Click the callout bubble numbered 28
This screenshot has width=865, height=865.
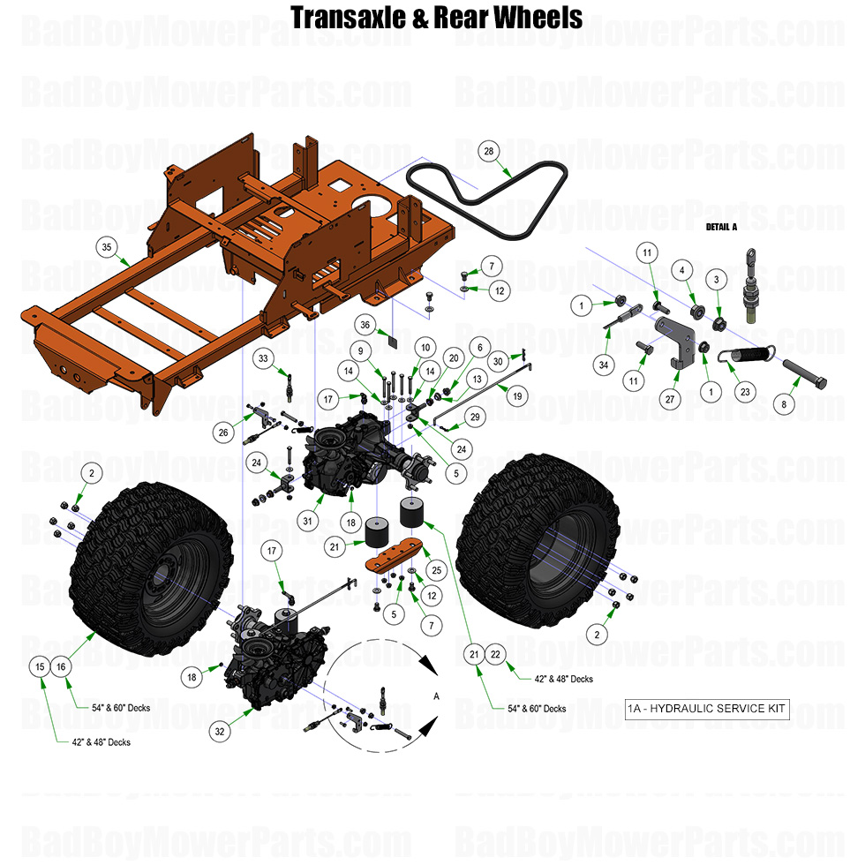488,151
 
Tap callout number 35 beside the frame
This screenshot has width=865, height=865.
107,248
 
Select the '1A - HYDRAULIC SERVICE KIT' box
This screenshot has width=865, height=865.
706,708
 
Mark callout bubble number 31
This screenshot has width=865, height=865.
307,522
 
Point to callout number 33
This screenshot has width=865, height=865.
263,357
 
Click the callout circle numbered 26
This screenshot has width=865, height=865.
222,432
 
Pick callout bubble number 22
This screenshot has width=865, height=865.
495,654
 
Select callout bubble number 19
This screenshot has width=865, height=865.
517,395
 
